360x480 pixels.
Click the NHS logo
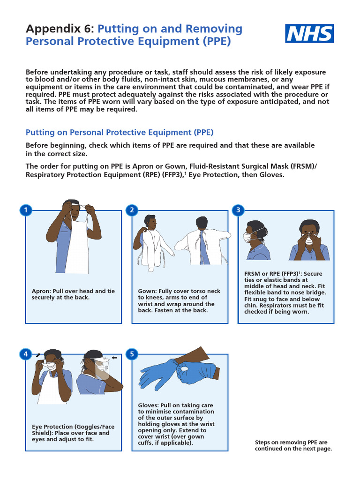(310, 34)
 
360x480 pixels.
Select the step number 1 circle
(26, 210)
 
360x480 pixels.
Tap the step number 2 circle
(132, 210)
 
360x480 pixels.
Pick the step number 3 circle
(238, 210)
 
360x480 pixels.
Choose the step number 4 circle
(26, 354)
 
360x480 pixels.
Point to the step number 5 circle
(132, 354)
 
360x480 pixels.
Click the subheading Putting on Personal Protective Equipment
(120, 132)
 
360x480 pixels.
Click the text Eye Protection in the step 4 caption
(51, 427)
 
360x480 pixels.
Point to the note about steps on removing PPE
(293, 445)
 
